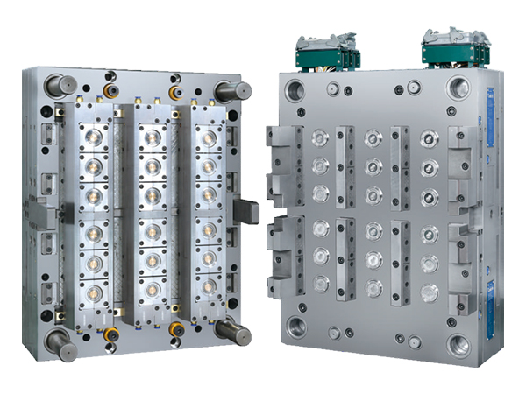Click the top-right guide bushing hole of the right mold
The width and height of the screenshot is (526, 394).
coord(458,88)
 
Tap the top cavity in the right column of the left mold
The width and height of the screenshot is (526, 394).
coord(209,137)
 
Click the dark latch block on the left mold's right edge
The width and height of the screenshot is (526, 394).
coord(247,210)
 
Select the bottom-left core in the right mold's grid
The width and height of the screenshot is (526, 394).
coord(321,282)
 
